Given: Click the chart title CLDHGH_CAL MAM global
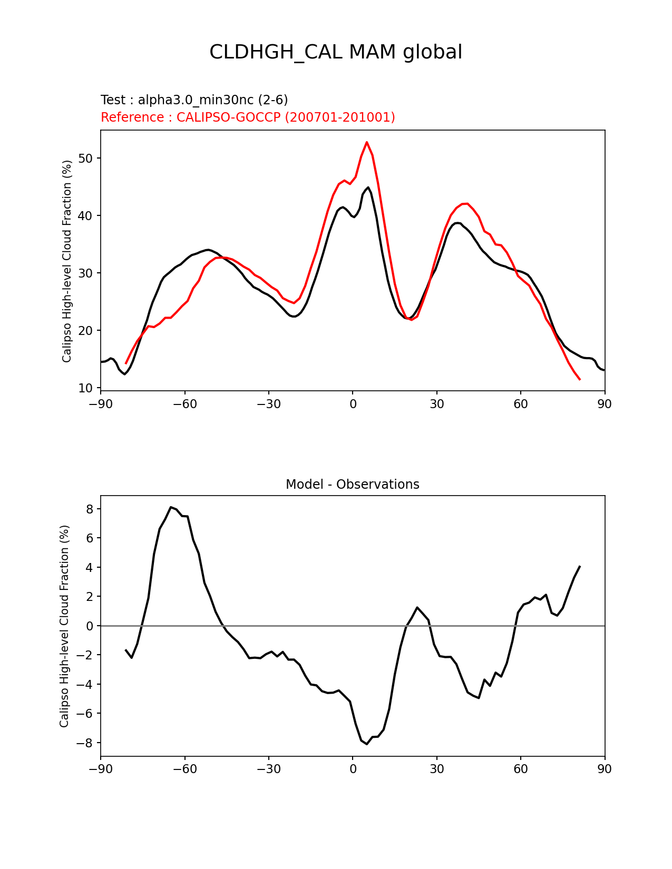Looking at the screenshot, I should [x=336, y=52].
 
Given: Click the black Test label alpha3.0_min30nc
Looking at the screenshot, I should [x=194, y=100].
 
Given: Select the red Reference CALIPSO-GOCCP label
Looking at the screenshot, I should [x=248, y=117].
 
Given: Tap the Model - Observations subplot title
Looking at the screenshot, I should [x=352, y=485].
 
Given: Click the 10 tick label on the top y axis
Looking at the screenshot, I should [x=86, y=388].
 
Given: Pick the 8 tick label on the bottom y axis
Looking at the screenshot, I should [x=90, y=509].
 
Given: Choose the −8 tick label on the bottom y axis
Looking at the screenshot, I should [x=86, y=743].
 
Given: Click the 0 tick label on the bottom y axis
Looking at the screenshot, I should [x=90, y=626].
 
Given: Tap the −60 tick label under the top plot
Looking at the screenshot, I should [x=184, y=404].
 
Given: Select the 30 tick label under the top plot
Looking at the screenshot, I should [x=436, y=404].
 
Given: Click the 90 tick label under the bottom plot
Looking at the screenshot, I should [x=605, y=769].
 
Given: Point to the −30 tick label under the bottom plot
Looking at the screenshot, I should [x=268, y=769].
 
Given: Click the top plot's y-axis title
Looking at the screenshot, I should [x=67, y=261].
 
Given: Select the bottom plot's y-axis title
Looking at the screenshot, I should [x=64, y=626].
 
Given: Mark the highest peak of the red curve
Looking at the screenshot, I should [x=367, y=142].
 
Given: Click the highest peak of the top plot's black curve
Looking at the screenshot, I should [x=368, y=187].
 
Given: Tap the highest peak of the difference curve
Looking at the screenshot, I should [x=171, y=507].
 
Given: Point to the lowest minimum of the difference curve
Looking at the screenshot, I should [x=367, y=744].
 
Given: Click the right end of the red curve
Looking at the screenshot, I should [x=580, y=379].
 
